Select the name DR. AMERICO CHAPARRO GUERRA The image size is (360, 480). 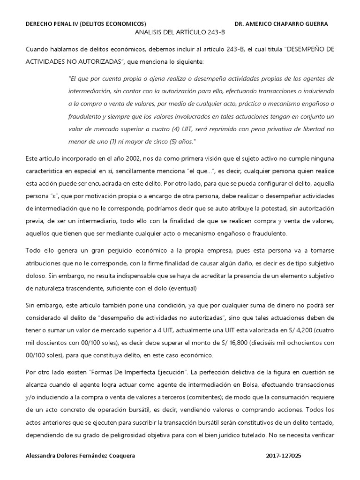pyautogui.click(x=281, y=24)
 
